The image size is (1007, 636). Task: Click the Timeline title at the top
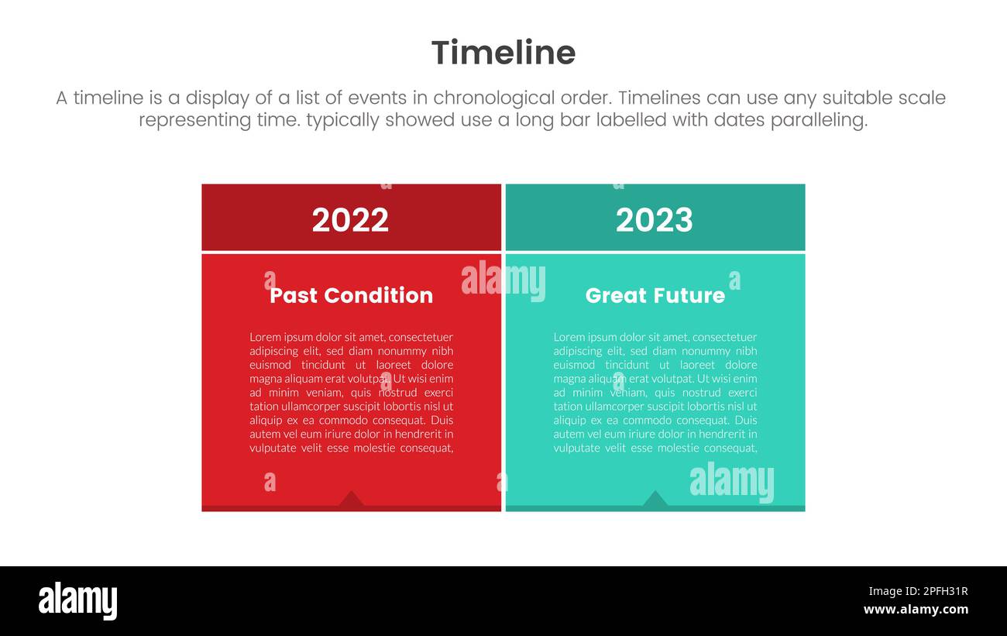click(x=503, y=53)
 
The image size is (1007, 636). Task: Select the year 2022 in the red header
click(x=350, y=220)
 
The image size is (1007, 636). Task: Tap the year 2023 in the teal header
click(x=655, y=220)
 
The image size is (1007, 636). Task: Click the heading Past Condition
click(x=351, y=295)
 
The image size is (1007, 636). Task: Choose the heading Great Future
click(x=655, y=295)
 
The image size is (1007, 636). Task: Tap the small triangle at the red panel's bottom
click(x=351, y=500)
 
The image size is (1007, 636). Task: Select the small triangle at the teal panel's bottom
click(x=655, y=500)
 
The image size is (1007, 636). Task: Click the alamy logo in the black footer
click(x=77, y=601)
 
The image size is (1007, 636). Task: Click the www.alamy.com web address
click(x=916, y=610)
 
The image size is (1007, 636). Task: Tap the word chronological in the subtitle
click(x=493, y=98)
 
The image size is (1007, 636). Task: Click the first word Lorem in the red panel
click(x=265, y=337)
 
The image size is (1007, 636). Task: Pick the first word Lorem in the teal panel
click(x=569, y=337)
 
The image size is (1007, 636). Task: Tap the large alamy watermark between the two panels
click(x=503, y=280)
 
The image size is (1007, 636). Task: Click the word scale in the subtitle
click(x=922, y=98)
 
